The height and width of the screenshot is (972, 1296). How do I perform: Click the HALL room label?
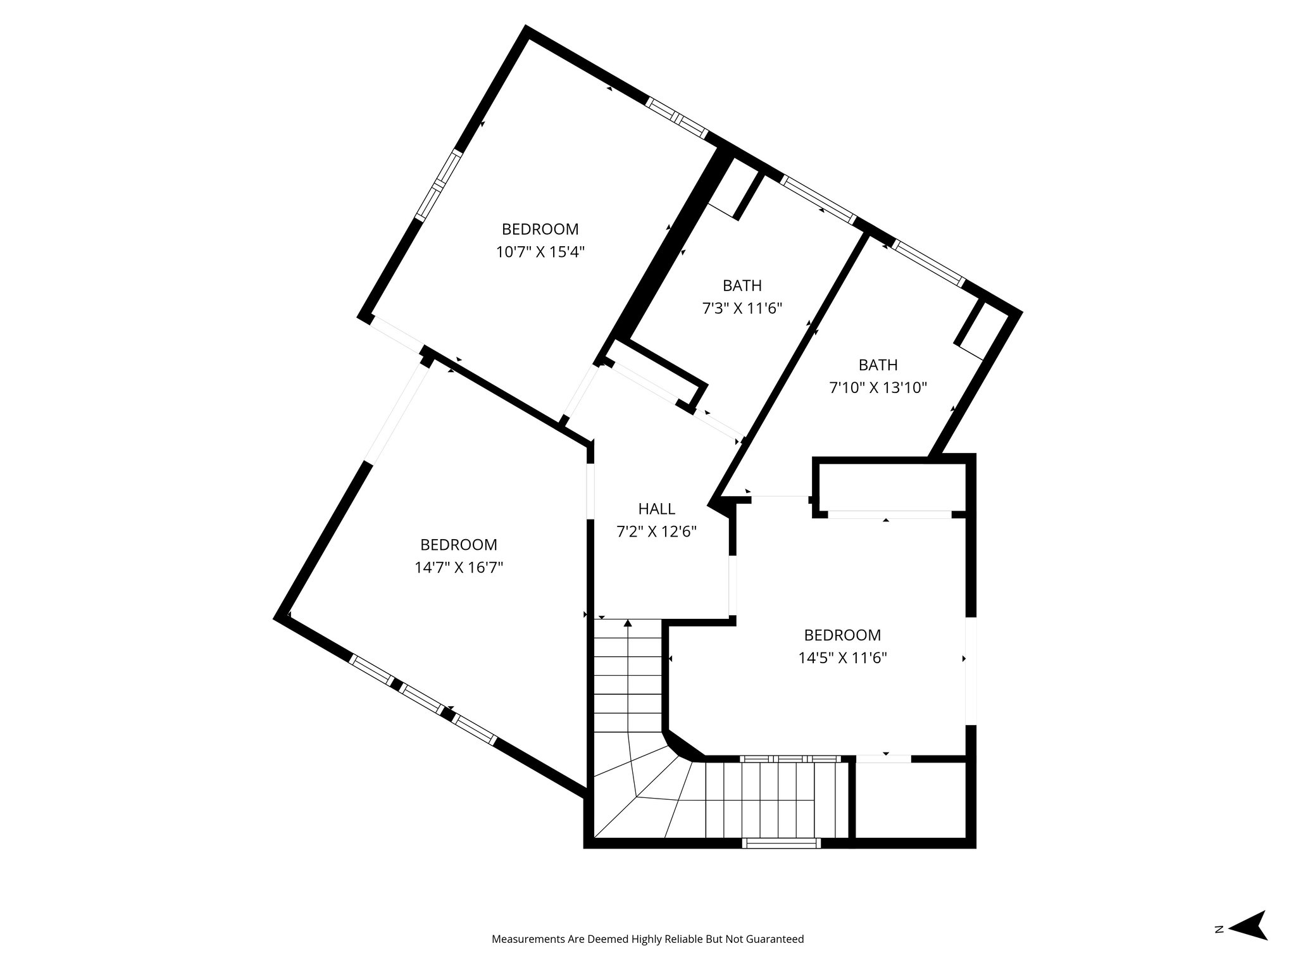click(x=656, y=508)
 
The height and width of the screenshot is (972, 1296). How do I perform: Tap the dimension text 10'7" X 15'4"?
click(x=540, y=252)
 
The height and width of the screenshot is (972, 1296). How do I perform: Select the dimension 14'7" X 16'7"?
click(x=459, y=568)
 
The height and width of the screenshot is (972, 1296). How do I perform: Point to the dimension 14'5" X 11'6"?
click(x=842, y=657)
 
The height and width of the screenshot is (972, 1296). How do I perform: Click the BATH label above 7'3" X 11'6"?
click(x=742, y=285)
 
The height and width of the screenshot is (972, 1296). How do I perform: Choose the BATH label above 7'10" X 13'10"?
click(x=878, y=364)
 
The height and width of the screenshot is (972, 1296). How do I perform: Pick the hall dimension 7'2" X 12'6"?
click(x=656, y=532)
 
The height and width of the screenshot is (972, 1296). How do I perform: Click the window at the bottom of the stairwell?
click(x=781, y=842)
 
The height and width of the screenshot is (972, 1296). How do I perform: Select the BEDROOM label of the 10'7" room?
click(x=540, y=228)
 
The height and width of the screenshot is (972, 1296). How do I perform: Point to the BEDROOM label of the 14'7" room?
click(x=459, y=544)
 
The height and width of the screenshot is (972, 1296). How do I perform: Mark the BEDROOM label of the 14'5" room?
click(x=842, y=634)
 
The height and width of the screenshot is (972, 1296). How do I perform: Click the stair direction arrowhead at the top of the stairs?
click(x=628, y=623)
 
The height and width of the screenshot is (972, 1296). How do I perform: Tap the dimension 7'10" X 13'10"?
click(x=878, y=388)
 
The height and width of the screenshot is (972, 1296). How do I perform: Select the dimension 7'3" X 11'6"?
click(x=742, y=309)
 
